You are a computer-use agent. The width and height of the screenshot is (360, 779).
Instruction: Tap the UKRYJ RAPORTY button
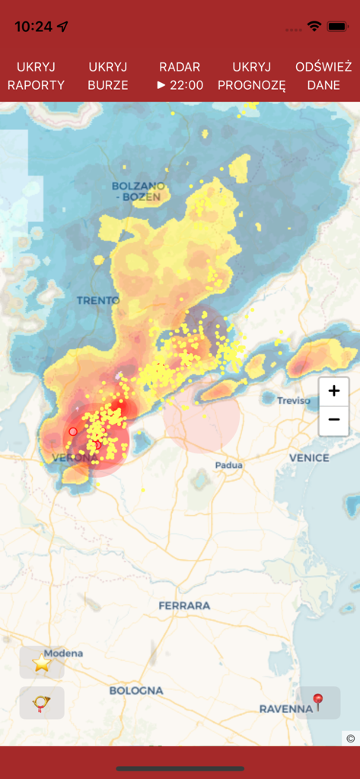point(36,76)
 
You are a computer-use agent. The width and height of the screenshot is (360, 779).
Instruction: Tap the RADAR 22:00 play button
point(180,76)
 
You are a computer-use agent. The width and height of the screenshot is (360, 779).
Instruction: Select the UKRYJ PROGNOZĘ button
point(251,76)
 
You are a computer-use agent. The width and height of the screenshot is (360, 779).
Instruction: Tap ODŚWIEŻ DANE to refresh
point(323,76)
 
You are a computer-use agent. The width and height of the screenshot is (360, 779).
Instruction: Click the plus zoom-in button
point(333,392)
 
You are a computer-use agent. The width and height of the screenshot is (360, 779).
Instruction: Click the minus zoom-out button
point(333,420)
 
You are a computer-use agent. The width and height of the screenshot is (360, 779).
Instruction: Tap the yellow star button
point(42,663)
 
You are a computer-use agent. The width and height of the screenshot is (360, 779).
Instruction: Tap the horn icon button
point(42,703)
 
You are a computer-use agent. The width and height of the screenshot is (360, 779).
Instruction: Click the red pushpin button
point(318,702)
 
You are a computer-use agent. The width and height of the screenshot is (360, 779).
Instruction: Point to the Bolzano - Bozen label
point(136,191)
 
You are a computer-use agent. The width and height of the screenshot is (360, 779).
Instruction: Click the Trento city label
point(98,300)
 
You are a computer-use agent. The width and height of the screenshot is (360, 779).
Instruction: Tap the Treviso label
point(294,401)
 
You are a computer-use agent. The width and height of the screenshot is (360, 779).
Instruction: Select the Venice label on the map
point(309,458)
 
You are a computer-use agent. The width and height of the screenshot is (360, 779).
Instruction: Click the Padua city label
point(228,465)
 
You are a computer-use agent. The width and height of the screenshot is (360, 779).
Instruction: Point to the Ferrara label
point(184,606)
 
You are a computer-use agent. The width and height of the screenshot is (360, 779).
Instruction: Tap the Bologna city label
point(136,691)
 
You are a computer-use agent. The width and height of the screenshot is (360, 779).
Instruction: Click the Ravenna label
point(285,709)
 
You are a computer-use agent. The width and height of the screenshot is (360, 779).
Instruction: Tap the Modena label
point(63,653)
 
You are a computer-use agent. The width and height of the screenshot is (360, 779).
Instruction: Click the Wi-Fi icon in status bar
point(314,27)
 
